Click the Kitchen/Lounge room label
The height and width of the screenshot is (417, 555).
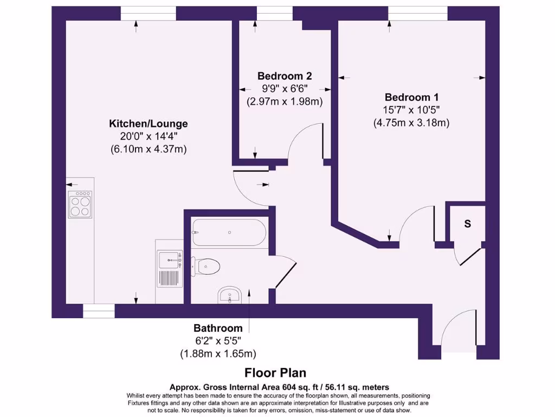coord(148,124)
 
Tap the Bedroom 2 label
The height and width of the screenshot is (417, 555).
coord(285,76)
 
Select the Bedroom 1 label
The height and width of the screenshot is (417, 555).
coord(411,97)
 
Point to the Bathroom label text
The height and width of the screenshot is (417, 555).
coord(218,328)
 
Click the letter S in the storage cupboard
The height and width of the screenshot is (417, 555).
coord(467,224)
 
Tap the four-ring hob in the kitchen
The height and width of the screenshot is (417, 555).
coord(80,205)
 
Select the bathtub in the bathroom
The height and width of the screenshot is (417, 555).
coord(229,232)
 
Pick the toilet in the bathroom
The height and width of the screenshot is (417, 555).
coord(208,266)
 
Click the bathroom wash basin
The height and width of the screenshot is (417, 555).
coord(231,296)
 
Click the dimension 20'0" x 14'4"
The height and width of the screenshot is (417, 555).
coord(148,137)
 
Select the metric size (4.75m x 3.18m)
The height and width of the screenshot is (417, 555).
coord(411,123)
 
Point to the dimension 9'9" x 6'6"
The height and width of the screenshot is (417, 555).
coord(285,89)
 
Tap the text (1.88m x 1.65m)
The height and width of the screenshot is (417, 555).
coord(218,353)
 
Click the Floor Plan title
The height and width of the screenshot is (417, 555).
coord(275,372)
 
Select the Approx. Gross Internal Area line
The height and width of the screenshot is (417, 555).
coord(279,387)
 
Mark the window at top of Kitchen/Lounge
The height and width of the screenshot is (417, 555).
coord(144,13)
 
